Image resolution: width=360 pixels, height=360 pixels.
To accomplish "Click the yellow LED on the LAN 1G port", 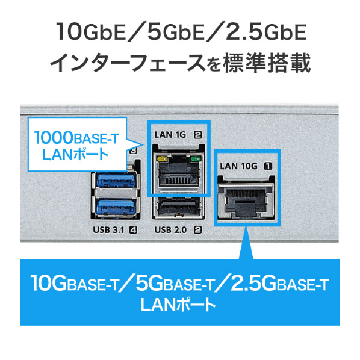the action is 163,158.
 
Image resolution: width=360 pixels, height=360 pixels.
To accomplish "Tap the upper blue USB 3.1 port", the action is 116,179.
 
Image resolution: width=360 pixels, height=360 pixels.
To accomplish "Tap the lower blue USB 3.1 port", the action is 116,207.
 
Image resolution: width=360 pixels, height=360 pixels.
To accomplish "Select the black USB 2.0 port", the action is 176,207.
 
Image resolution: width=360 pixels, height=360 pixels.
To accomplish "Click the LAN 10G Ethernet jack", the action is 246,199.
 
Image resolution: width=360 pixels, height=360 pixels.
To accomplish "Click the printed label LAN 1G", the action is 170,135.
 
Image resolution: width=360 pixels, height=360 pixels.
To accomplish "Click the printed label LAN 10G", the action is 239,166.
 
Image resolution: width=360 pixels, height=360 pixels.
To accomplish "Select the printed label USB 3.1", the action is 108,229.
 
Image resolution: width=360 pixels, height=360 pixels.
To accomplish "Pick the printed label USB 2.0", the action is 170,229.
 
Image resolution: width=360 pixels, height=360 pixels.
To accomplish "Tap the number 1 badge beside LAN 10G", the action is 268,166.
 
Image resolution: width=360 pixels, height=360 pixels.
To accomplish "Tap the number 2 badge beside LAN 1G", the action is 198,135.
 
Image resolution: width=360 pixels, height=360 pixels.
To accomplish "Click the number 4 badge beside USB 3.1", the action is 134,229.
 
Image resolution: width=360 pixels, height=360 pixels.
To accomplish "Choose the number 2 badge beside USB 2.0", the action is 198,229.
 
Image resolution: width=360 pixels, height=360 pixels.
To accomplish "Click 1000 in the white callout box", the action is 53,137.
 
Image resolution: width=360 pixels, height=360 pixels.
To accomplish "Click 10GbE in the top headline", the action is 91,32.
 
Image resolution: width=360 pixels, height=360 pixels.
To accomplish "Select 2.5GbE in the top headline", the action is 266,32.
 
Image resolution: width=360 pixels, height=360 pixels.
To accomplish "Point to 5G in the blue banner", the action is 149,282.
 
